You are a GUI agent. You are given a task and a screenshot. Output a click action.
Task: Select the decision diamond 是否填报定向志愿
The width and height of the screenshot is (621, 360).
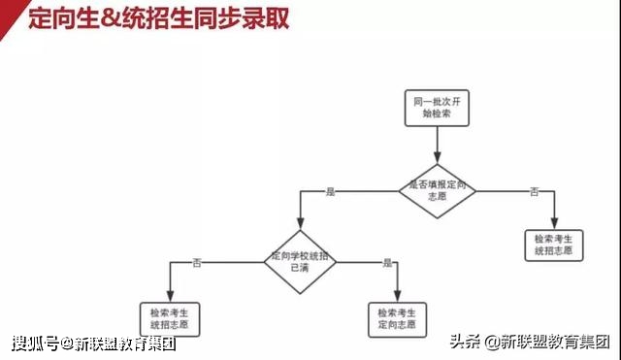[437, 190]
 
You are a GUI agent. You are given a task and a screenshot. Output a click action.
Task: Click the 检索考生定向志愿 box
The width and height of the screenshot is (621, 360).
[397, 319]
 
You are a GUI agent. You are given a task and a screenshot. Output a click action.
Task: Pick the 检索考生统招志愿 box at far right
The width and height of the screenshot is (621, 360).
[553, 244]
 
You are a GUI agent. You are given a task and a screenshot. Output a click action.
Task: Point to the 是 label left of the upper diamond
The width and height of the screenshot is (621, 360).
[330, 192]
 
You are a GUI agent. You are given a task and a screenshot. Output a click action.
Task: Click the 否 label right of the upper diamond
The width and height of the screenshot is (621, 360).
[534, 192]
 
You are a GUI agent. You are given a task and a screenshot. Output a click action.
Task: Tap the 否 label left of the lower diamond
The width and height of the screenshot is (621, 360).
[197, 262]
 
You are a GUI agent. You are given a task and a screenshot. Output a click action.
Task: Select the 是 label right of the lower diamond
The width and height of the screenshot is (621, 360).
[387, 262]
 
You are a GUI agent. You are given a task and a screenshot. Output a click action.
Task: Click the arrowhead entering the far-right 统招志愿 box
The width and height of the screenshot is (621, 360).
[554, 222]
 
